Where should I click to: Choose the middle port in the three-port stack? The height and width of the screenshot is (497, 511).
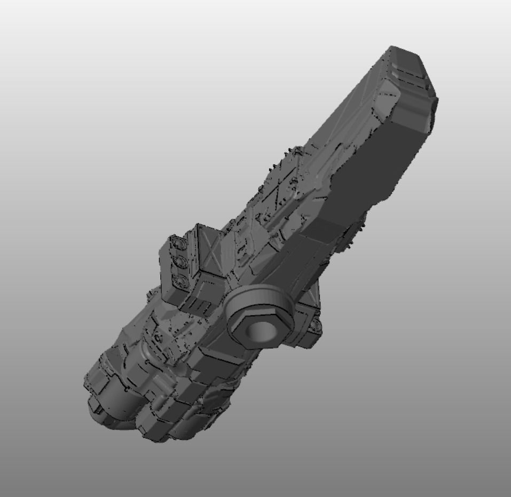(x=178, y=262)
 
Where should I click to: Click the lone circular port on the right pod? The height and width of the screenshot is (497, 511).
(x=316, y=324)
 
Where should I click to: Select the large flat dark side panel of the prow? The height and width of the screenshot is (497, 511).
(x=374, y=165)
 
